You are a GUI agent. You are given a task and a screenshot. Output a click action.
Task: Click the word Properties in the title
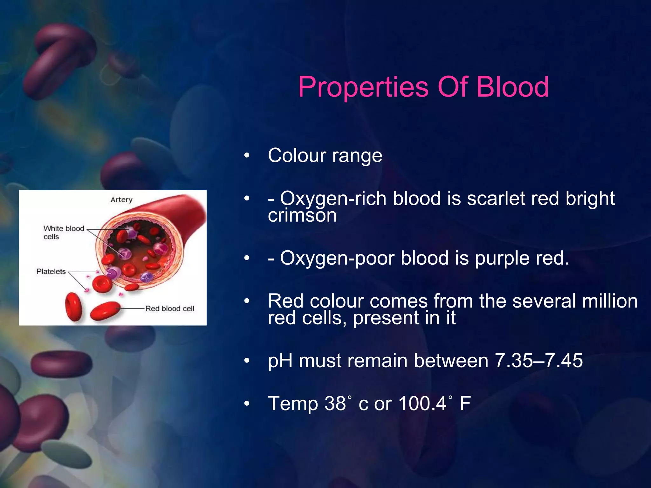[x=363, y=87]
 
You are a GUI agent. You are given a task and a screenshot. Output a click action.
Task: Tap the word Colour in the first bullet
[x=297, y=156]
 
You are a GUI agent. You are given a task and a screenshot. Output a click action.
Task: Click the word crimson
[x=302, y=216]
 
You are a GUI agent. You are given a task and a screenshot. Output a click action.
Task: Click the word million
[x=610, y=301]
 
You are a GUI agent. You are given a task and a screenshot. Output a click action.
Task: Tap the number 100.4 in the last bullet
[x=422, y=403]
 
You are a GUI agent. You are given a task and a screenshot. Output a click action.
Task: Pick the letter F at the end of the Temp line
[x=465, y=403]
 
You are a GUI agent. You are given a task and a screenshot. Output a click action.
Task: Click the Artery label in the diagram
[x=121, y=200]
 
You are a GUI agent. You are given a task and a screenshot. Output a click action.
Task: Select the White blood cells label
[x=63, y=233]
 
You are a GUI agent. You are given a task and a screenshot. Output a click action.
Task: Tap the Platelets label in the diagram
[x=51, y=272]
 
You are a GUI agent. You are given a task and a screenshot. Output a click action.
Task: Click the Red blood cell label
[x=169, y=308]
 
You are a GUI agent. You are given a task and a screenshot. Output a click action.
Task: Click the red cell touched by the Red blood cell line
[x=105, y=310]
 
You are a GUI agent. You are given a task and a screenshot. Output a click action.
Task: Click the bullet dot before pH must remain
[x=247, y=361]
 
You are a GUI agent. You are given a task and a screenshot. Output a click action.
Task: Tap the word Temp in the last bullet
[x=293, y=403]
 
